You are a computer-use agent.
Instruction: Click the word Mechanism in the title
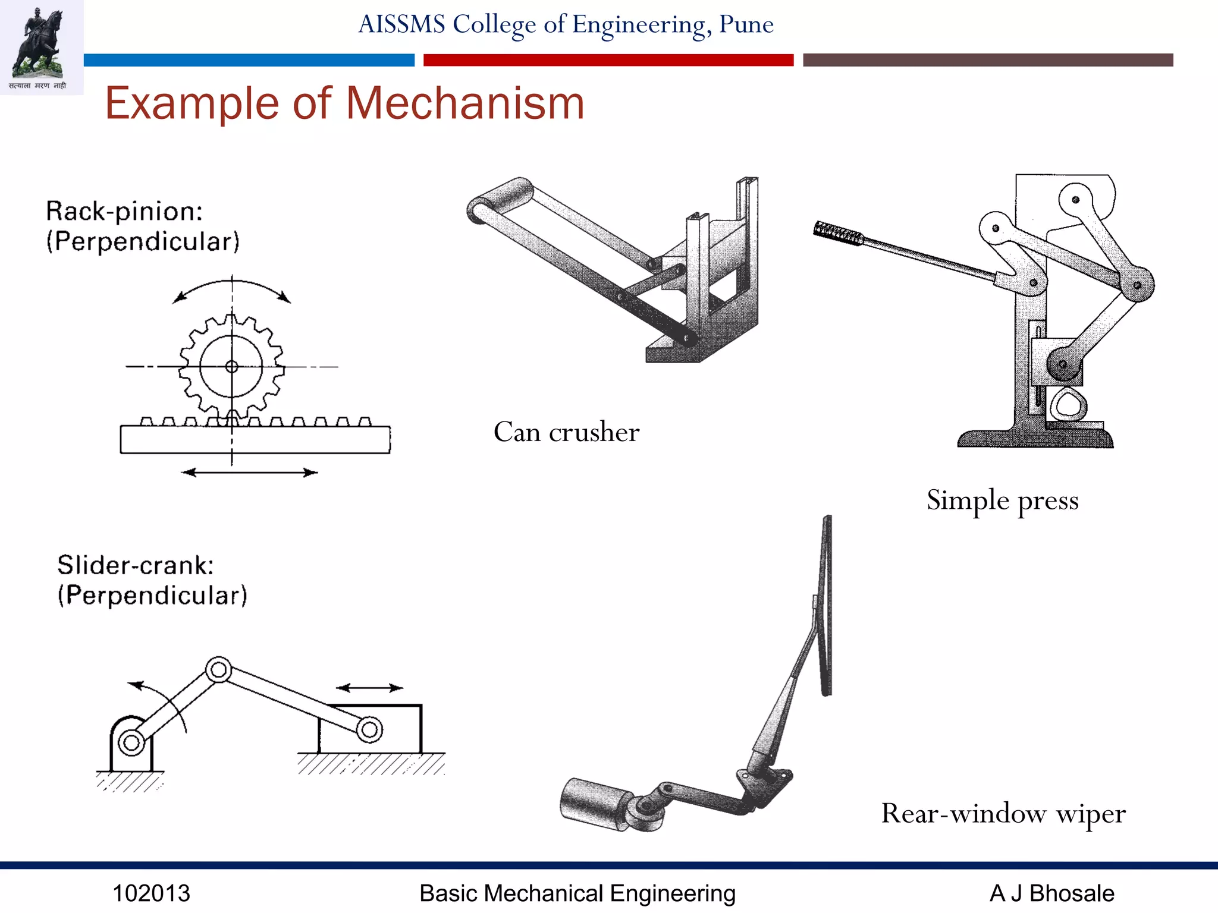(465, 103)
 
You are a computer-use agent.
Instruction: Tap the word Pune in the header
(746, 24)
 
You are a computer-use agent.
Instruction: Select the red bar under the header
(608, 60)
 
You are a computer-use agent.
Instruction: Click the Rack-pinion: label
(124, 212)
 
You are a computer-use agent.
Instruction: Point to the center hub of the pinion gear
(232, 367)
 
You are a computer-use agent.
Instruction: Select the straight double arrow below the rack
(249, 473)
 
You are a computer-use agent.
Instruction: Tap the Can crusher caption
(566, 432)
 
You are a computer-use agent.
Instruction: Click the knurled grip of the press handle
(839, 234)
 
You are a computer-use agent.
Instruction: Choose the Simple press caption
(1002, 500)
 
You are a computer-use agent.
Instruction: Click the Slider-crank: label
(136, 565)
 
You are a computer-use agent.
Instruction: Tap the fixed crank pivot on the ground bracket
(131, 742)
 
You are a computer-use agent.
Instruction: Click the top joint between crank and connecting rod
(218, 670)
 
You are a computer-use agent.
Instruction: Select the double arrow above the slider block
(369, 688)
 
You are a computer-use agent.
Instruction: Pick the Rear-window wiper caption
(1003, 814)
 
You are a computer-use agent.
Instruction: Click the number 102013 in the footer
(151, 893)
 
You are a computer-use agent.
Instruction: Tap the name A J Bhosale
(1051, 893)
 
